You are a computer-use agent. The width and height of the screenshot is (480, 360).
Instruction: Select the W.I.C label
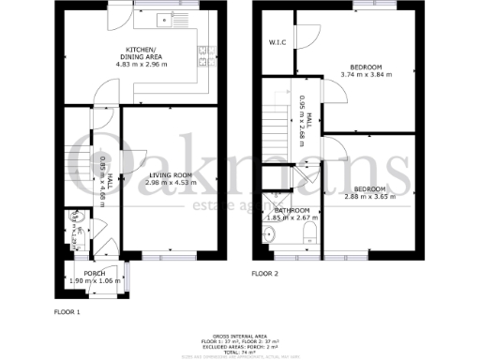pos(277,42)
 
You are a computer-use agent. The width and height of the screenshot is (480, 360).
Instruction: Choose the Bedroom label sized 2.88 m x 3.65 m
pos(367,187)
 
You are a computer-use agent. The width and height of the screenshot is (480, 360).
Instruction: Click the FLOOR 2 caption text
pos(265,274)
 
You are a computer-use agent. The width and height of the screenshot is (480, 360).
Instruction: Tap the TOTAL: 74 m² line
pos(239,348)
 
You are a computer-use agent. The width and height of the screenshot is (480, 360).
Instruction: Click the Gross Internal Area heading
pos(239,334)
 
